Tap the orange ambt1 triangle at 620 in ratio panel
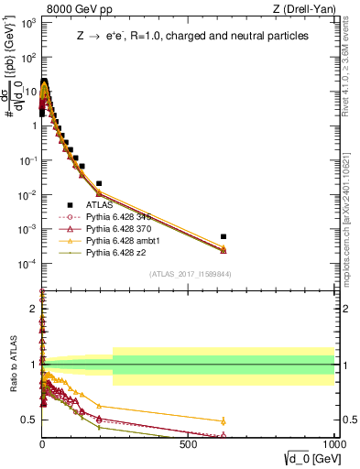pyautogui.click(x=224, y=420)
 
